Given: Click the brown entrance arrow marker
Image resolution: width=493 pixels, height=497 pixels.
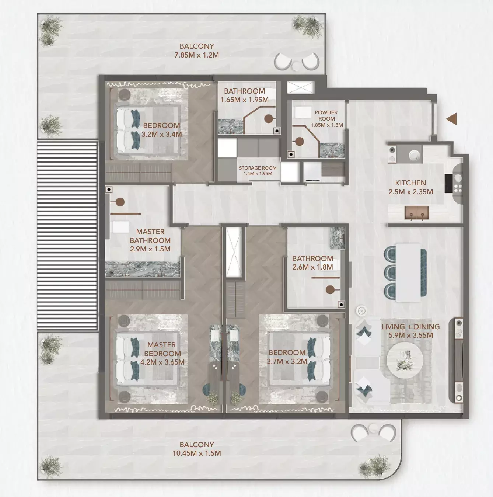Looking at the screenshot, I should [451, 119].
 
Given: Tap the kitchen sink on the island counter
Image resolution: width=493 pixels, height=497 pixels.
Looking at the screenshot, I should [417, 213].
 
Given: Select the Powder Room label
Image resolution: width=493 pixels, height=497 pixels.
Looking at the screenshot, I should [326, 115].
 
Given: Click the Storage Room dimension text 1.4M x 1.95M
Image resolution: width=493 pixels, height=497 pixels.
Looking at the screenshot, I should [258, 174].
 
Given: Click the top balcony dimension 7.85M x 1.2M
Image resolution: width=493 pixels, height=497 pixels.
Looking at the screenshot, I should [196, 55].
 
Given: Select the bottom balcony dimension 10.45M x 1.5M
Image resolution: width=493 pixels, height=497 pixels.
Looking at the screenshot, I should [196, 453].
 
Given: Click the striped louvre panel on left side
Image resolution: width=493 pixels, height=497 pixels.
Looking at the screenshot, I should [67, 235].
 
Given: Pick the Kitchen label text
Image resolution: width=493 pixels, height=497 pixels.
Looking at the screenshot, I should [410, 183].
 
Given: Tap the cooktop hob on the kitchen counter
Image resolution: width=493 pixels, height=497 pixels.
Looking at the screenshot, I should [458, 183].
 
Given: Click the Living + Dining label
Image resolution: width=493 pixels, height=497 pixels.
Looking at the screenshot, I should [410, 327].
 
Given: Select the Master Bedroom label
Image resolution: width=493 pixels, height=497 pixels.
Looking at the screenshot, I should [162, 349].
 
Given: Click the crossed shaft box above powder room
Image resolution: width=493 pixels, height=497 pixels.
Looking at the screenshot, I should [301, 87].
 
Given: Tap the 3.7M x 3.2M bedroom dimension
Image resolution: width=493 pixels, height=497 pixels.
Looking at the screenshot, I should [287, 362].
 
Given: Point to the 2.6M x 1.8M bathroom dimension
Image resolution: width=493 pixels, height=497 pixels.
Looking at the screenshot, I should [312, 267].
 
